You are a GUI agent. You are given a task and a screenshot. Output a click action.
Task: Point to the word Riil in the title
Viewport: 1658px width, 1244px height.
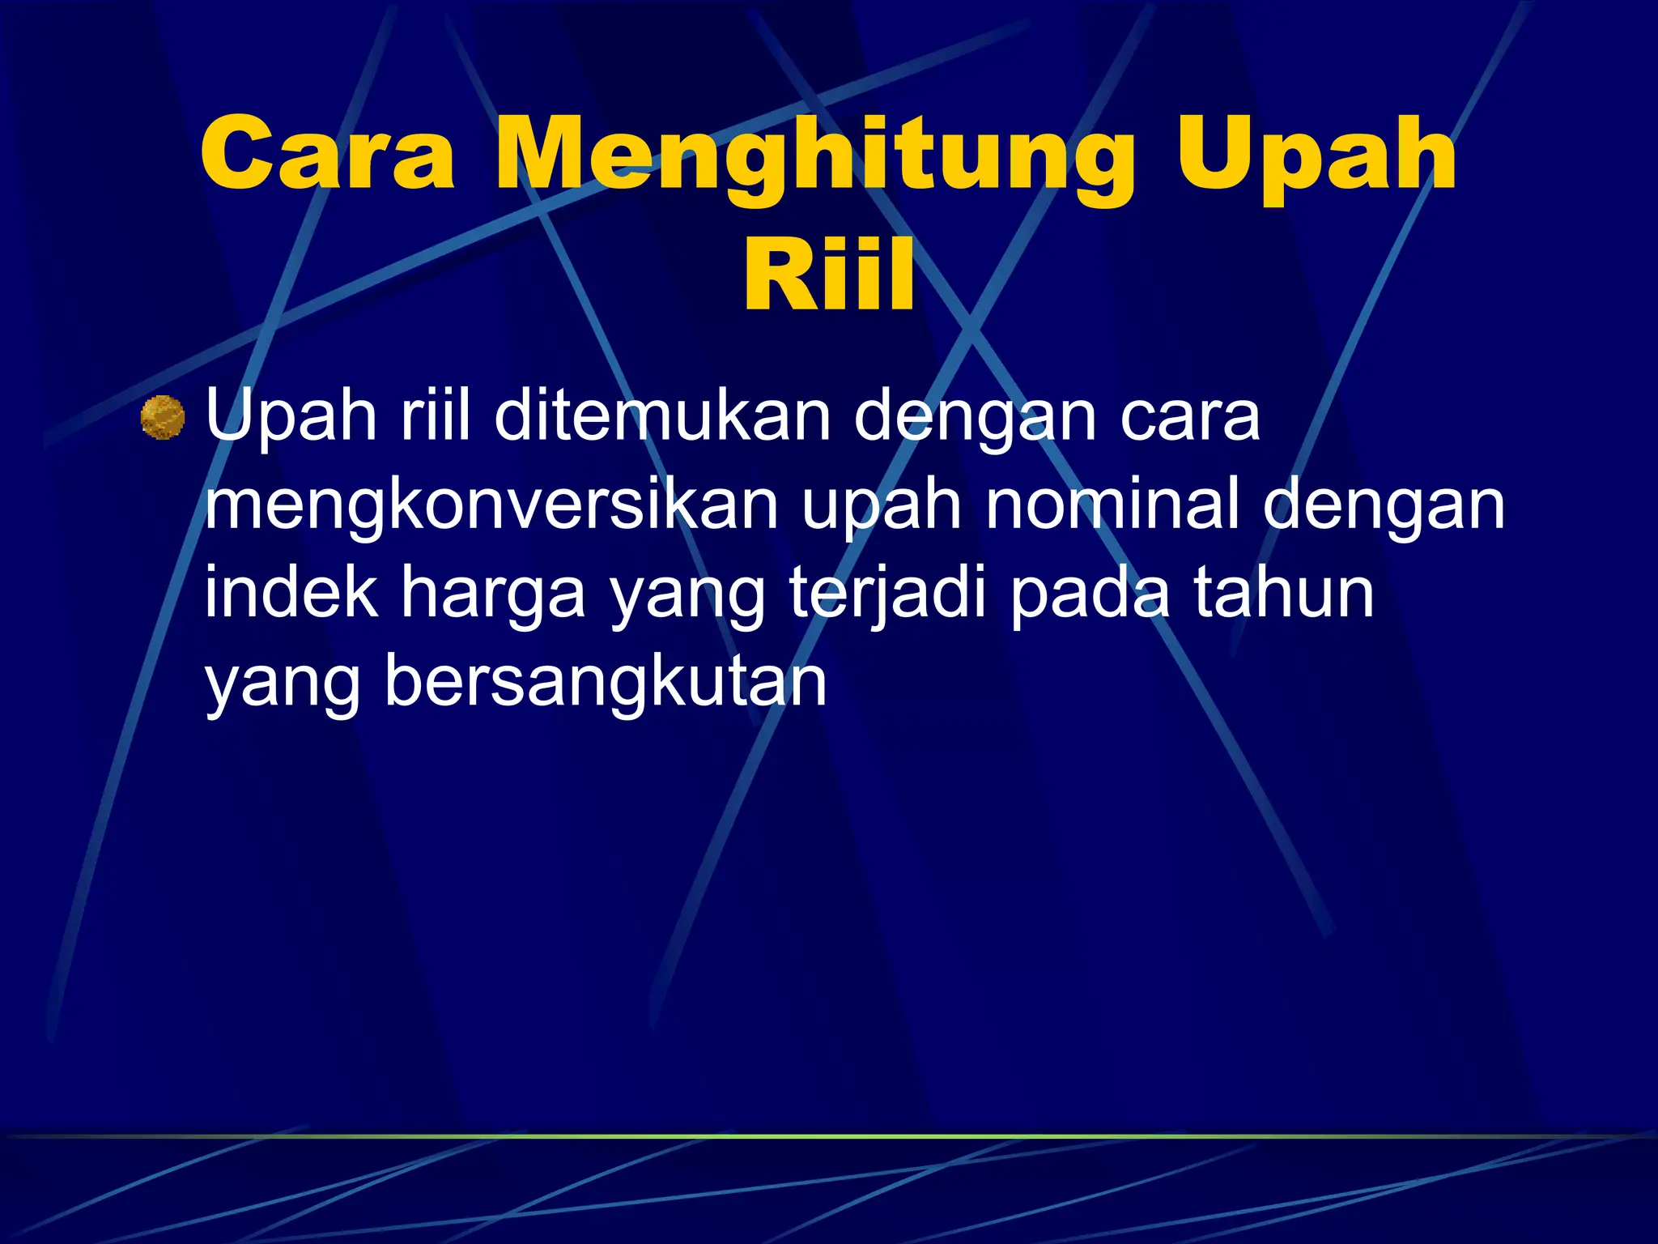click(x=829, y=275)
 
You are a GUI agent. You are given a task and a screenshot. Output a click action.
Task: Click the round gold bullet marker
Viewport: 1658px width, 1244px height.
click(x=163, y=417)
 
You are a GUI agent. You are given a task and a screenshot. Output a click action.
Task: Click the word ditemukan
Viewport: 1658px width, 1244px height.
click(x=662, y=416)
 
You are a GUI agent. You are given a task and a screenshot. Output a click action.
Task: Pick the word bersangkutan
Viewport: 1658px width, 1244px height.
click(x=605, y=683)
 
